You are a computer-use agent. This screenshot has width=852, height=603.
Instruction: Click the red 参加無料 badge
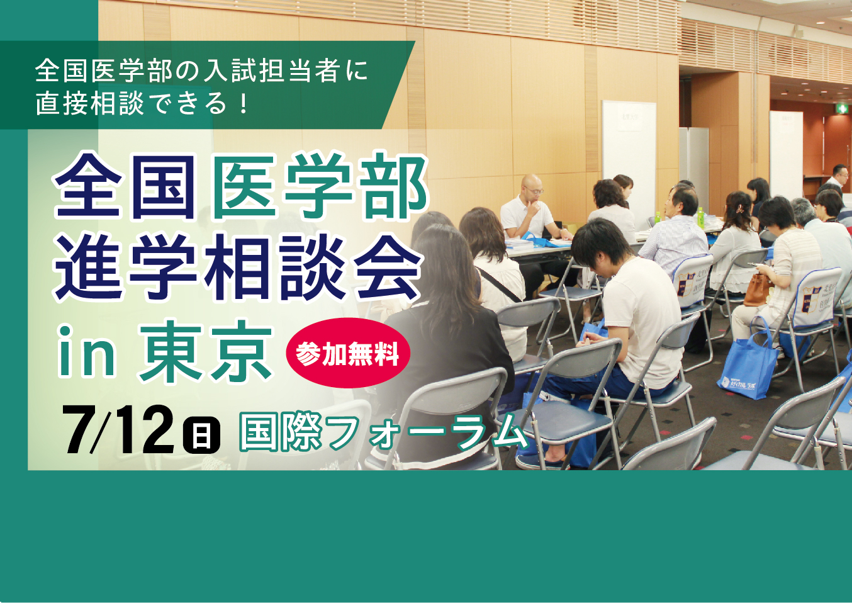347,354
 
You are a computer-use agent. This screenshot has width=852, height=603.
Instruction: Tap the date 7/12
118,431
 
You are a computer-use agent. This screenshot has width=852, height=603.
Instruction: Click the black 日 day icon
201,435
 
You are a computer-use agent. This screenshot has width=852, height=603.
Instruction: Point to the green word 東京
206,352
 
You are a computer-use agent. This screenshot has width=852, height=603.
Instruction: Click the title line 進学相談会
238,268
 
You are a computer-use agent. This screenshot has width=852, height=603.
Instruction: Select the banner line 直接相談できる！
142,103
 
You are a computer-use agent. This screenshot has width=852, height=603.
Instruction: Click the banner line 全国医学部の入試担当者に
201,70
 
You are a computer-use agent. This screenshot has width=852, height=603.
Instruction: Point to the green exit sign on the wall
841,109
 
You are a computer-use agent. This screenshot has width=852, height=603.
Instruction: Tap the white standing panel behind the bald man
629,151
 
